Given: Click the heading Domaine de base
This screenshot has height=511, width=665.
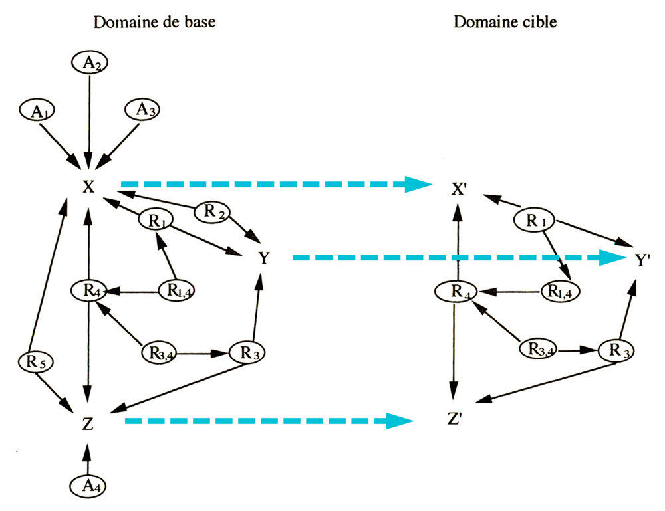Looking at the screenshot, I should point(155,23).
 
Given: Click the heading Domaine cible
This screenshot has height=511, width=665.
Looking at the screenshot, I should point(505,23).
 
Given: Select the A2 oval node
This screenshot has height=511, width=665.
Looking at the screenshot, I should point(88,63).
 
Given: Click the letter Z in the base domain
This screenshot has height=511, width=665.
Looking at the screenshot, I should point(88,422).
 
